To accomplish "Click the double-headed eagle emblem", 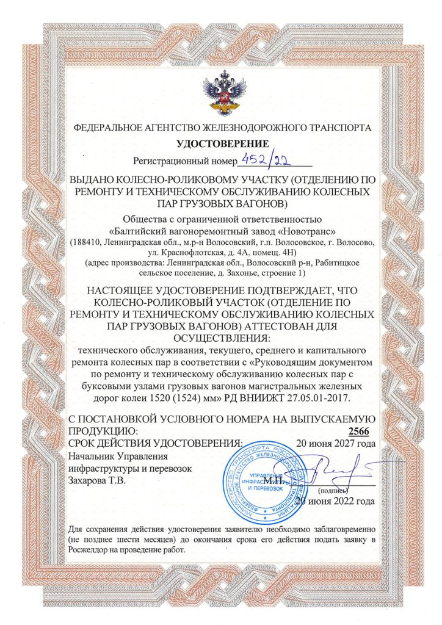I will point(222,92).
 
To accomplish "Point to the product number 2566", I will point(363,432).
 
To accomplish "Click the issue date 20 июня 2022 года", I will point(335,502).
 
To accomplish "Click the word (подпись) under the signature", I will point(333,490).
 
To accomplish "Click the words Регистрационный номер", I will point(184,162).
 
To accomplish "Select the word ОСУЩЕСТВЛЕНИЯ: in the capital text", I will point(222,338).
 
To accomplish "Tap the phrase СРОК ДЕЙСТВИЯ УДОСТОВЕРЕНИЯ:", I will point(155,443).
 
